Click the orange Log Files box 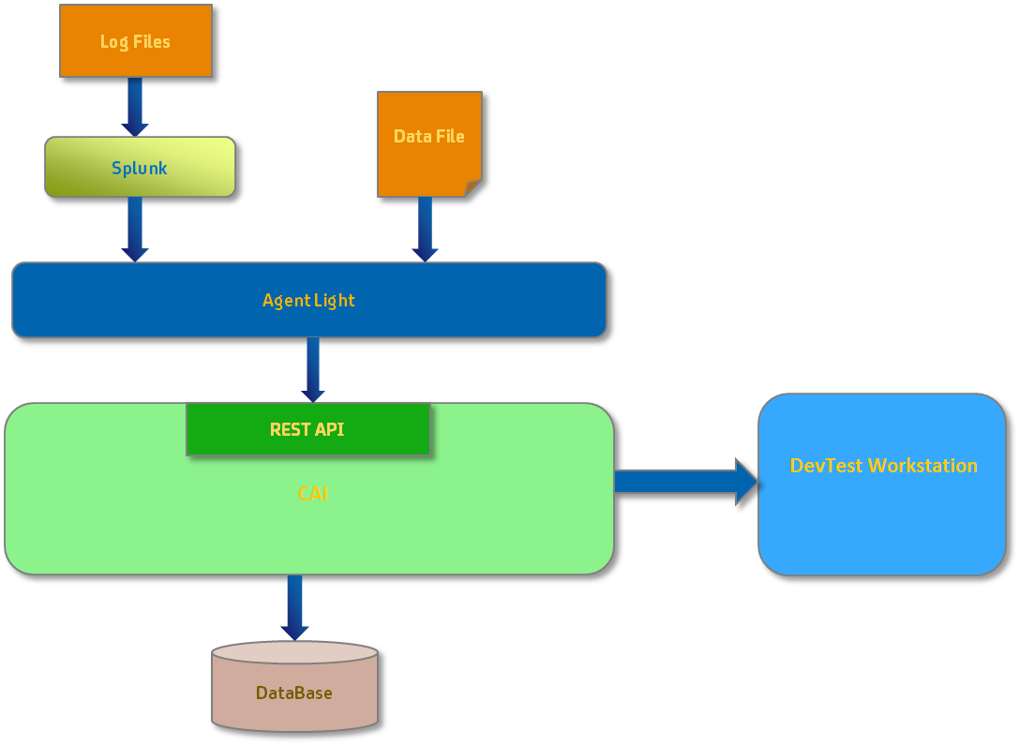point(136,41)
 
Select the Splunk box point(140,168)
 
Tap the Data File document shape point(428,143)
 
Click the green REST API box point(307,429)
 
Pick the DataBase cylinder point(294,693)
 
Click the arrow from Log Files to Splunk point(135,107)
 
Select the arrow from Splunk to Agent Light point(135,229)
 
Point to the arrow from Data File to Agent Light point(425,229)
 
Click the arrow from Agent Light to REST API point(313,369)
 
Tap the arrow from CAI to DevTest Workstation point(685,482)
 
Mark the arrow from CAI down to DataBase point(294,607)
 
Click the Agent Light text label point(308,301)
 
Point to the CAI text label point(313,494)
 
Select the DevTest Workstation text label point(883,466)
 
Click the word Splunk point(140,169)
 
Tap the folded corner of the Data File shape point(473,188)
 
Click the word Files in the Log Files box point(151,41)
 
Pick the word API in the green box point(327,429)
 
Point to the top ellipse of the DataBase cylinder point(294,652)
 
